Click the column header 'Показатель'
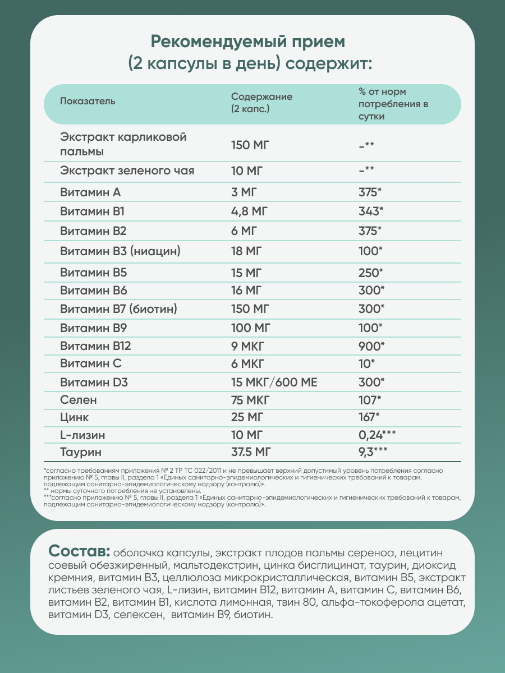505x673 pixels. coord(88,102)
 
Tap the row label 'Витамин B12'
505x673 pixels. coord(95,346)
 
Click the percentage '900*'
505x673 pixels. coord(370,346)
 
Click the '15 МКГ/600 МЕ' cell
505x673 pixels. coord(274,382)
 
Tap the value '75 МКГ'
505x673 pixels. coord(250,400)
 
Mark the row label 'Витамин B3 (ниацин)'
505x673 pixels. coord(120,251)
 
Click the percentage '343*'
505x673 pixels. coord(370,212)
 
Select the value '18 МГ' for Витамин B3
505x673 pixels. coord(247,251)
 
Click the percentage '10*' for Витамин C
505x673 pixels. coord(367,364)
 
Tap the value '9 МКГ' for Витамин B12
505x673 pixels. coord(247,346)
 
